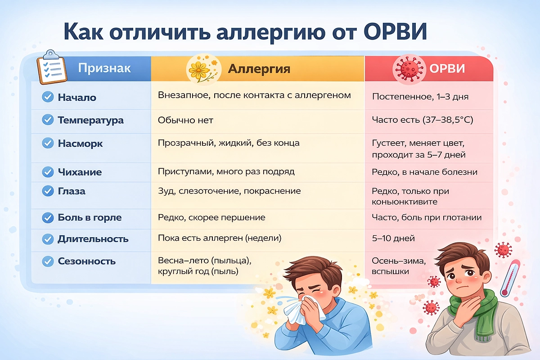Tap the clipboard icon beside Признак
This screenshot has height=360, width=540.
[50, 69]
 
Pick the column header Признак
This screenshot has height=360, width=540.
[104, 68]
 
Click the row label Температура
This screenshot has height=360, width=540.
[90, 121]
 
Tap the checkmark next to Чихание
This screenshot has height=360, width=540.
[48, 172]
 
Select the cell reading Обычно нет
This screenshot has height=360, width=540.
[185, 120]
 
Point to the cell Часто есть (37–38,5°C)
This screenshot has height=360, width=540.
[422, 120]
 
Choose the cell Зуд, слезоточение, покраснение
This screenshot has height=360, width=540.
[229, 191]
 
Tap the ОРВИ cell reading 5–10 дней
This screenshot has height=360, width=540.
[393, 238]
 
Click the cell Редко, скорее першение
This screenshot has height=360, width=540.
[211, 217]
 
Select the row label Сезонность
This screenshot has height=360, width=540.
[86, 261]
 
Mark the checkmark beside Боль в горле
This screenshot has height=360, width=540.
[48, 218]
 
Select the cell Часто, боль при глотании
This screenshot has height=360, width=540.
[427, 217]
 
